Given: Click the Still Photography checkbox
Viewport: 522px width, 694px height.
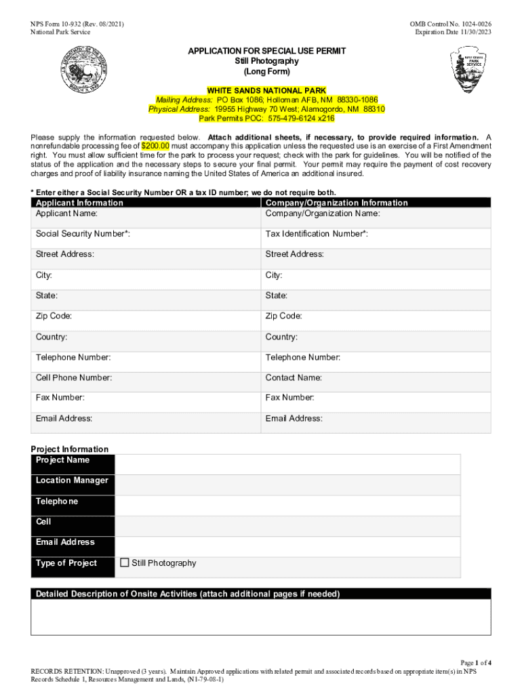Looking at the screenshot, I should coord(125,563).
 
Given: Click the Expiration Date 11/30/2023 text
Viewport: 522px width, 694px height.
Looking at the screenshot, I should coord(453,33).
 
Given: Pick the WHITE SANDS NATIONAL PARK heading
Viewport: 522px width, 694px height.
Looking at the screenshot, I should coord(266,91).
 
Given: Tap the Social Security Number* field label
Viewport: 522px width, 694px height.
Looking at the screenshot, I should coord(83,234).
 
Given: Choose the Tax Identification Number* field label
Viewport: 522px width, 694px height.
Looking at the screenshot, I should coord(317,234).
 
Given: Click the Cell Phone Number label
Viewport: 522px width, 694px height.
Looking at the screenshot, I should coord(74,377).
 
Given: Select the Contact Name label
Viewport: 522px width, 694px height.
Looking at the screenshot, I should coord(294,377).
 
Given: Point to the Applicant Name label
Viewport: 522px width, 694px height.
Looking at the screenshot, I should coord(66,213).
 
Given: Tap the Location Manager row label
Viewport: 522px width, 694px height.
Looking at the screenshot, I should coord(72,481).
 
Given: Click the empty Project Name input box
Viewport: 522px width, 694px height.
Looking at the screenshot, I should coord(287,464).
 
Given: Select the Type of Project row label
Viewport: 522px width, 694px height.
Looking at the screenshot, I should coord(66,563).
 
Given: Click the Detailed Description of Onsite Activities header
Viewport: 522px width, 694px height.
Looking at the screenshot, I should coord(188,594).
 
